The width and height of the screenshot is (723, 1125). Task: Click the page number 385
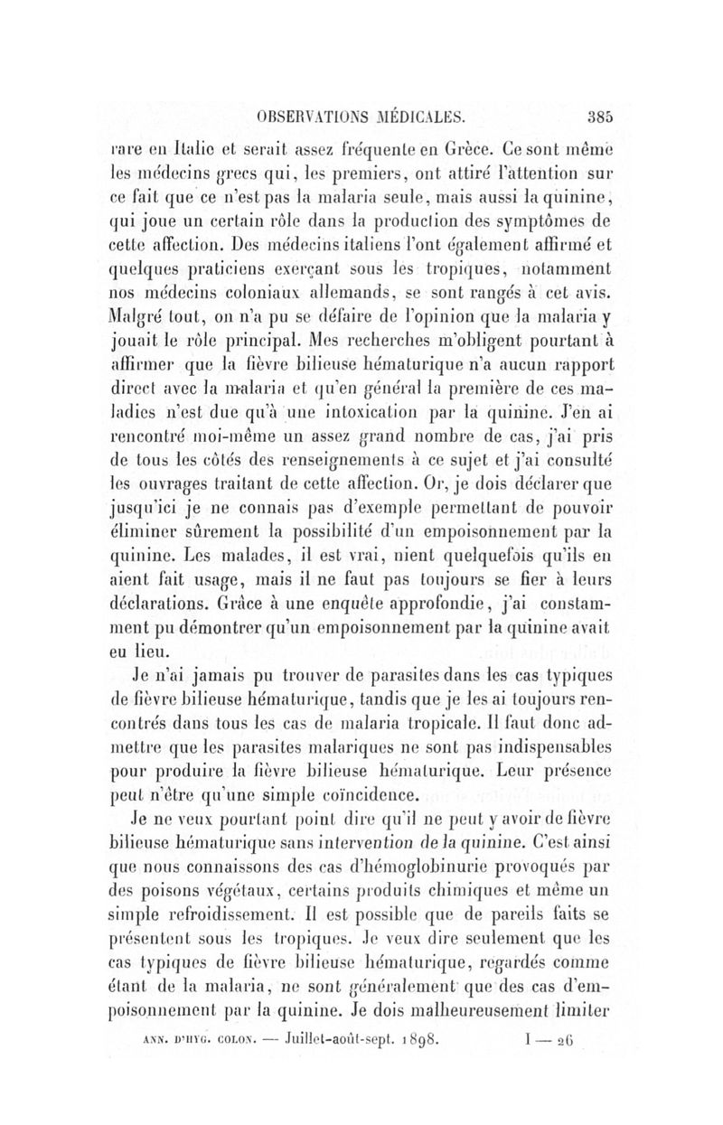click(x=600, y=116)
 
